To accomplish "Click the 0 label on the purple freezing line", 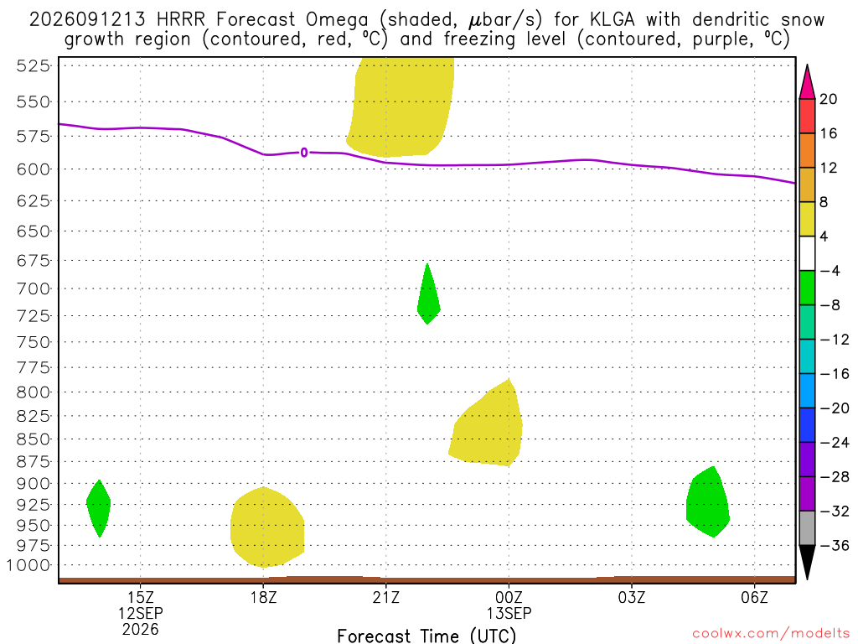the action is pos(304,153).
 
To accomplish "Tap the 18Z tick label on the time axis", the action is pos(263,597).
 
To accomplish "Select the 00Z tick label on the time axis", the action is pos(509,597).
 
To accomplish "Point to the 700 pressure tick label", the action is pos(34,288).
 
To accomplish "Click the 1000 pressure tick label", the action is pos(28,565).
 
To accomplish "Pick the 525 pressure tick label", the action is pos(34,65).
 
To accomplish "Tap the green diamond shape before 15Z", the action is pos(99,508).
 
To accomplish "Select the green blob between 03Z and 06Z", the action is pos(707,502).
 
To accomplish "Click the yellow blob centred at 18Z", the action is pos(266,527).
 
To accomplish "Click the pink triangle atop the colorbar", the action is pos(807,83).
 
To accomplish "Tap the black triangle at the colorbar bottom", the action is pos(807,562).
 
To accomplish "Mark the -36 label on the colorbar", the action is pos(835,545).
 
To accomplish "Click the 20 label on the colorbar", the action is pos(829,99).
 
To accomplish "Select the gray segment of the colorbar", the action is pos(807,528).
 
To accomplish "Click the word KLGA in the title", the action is pos(612,20).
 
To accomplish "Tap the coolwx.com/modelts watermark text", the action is pos(771,634).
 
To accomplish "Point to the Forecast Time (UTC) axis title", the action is pos(426,636).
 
